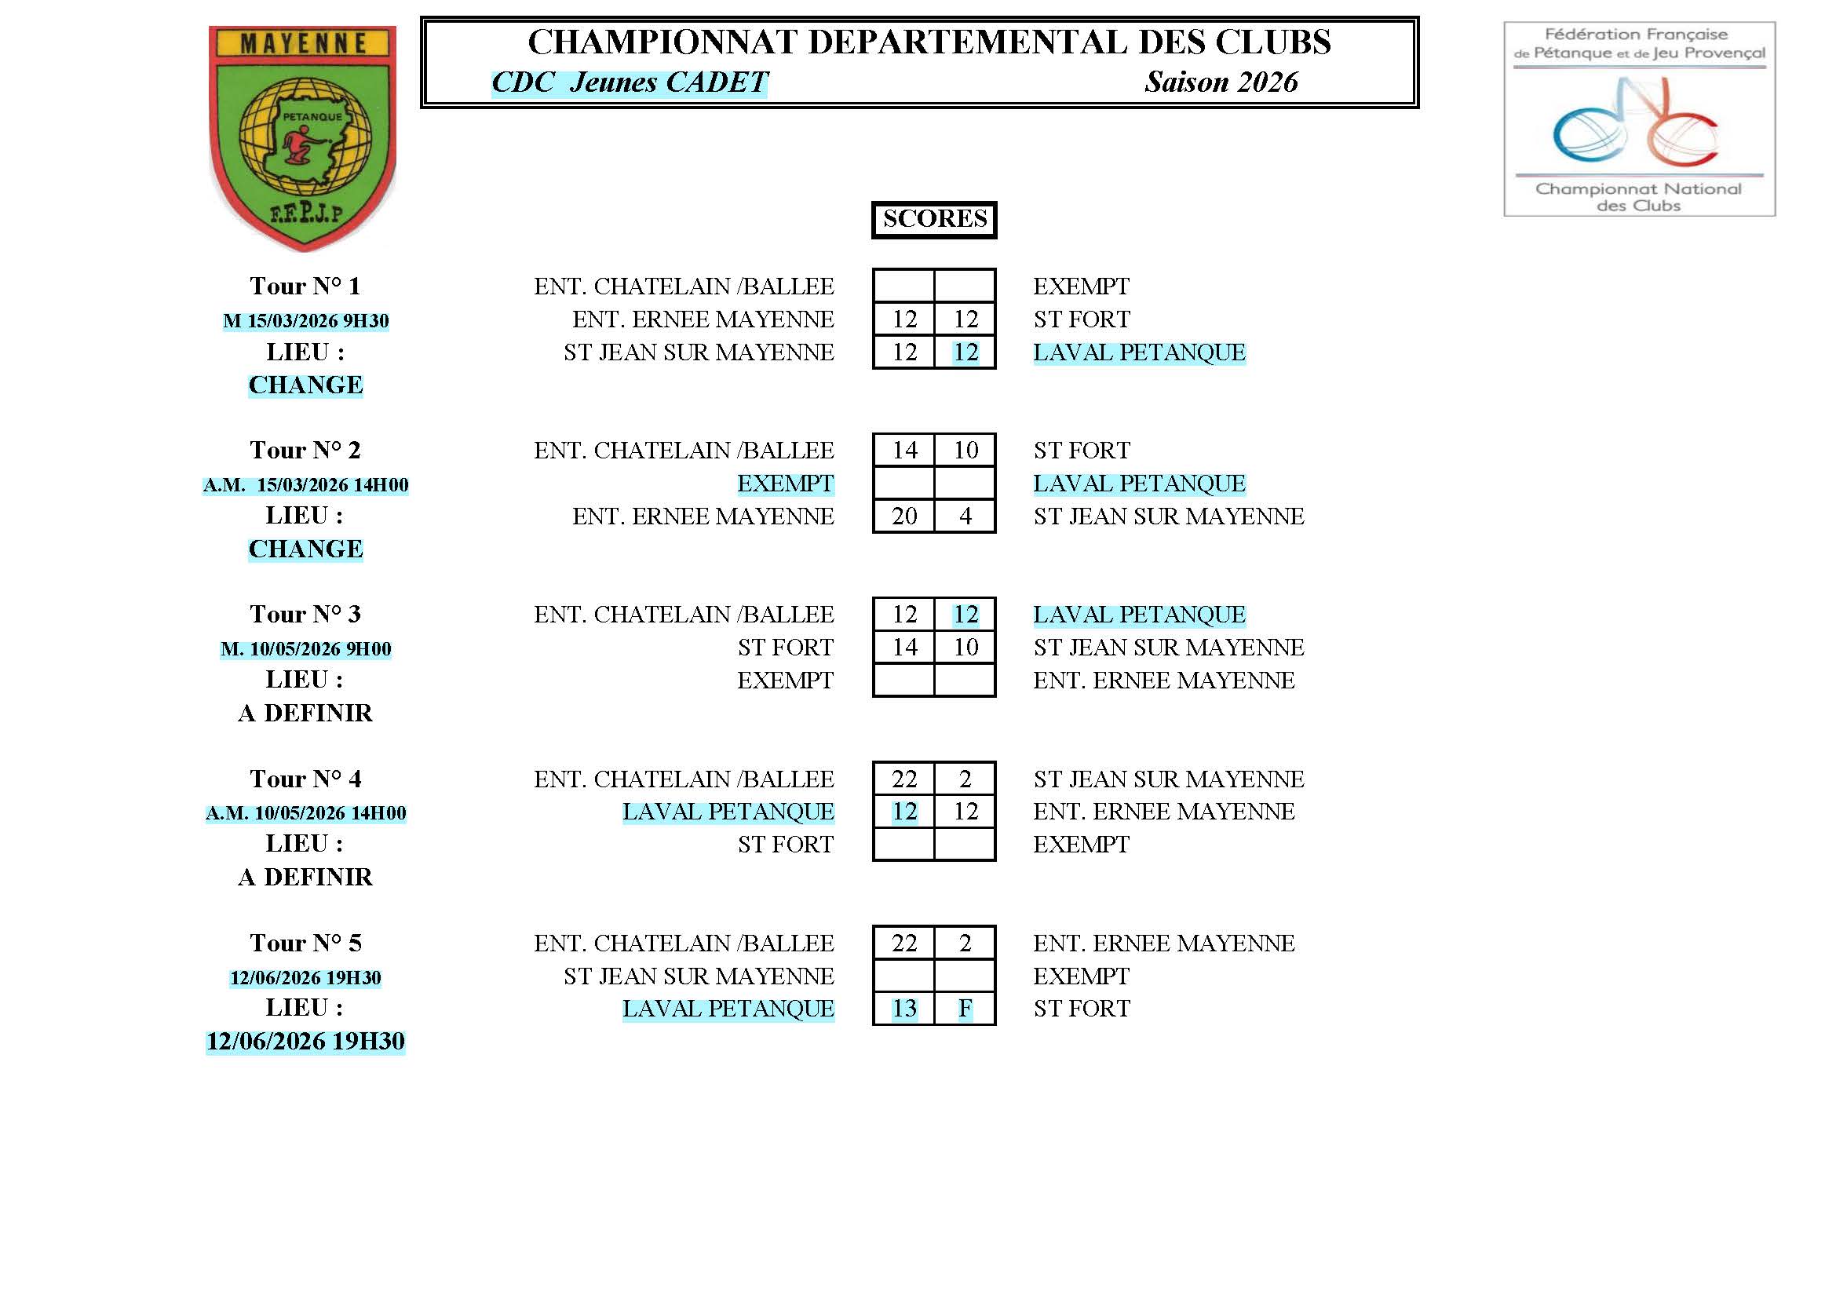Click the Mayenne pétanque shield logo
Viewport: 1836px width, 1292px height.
[302, 137]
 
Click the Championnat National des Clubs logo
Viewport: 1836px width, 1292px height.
[1639, 119]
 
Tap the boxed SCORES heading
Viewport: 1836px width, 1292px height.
[934, 219]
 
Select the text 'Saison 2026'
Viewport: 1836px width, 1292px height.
[1221, 82]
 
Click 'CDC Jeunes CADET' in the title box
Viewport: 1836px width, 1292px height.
[630, 82]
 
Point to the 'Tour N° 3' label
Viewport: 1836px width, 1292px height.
[305, 614]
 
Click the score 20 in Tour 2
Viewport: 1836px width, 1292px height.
[904, 516]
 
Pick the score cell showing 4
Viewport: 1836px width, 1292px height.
[965, 516]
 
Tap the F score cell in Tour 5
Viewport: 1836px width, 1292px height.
[965, 1009]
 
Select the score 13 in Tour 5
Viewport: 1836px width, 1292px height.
[904, 1009]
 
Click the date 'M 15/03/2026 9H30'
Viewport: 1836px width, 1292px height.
[305, 321]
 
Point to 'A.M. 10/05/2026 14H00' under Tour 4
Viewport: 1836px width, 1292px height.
[305, 813]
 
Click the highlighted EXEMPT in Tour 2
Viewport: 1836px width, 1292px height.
[785, 484]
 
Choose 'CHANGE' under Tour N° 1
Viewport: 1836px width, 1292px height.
[305, 385]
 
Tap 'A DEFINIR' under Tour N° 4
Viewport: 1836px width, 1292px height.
[305, 877]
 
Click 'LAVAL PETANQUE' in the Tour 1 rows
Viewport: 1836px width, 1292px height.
[1140, 352]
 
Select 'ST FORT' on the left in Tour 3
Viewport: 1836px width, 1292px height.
[785, 648]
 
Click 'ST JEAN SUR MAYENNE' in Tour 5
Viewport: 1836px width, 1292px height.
[699, 976]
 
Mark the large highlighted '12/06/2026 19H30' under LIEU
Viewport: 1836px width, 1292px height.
[305, 1042]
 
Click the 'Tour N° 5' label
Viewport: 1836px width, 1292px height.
[305, 943]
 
